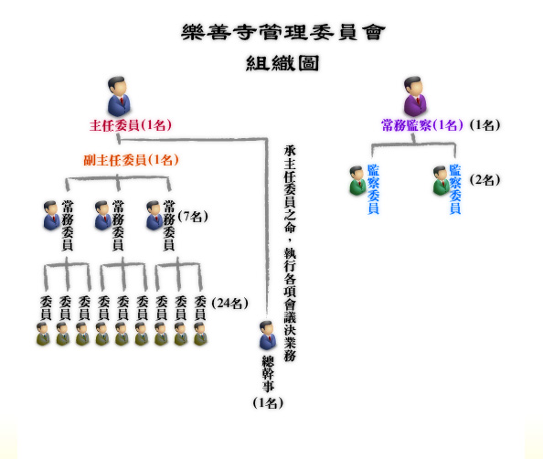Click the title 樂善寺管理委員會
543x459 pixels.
(283, 33)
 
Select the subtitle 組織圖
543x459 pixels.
(282, 63)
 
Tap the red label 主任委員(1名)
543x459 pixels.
(131, 125)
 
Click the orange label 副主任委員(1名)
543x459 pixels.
(132, 160)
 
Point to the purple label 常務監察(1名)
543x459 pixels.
(421, 125)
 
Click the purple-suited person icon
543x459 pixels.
(415, 96)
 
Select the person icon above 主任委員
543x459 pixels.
(119, 96)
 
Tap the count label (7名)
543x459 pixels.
(193, 217)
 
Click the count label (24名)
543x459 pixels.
(229, 304)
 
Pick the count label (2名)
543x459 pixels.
(484, 180)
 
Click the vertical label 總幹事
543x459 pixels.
(268, 374)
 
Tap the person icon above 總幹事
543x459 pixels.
(268, 336)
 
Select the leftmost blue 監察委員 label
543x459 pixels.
(373, 189)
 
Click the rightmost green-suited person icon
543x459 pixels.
(442, 181)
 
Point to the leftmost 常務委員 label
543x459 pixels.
(67, 225)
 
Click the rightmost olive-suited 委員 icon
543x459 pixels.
(200, 334)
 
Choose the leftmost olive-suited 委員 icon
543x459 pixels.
(43, 334)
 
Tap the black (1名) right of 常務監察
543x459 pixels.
(484, 125)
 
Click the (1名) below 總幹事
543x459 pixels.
(268, 403)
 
